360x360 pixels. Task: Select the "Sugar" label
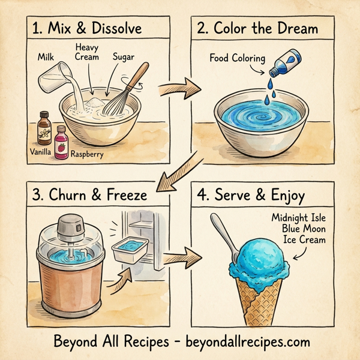pyautogui.click(x=124, y=57)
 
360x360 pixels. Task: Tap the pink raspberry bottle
pyautogui.click(x=61, y=141)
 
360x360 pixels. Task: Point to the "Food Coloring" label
pyautogui.click(x=236, y=58)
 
